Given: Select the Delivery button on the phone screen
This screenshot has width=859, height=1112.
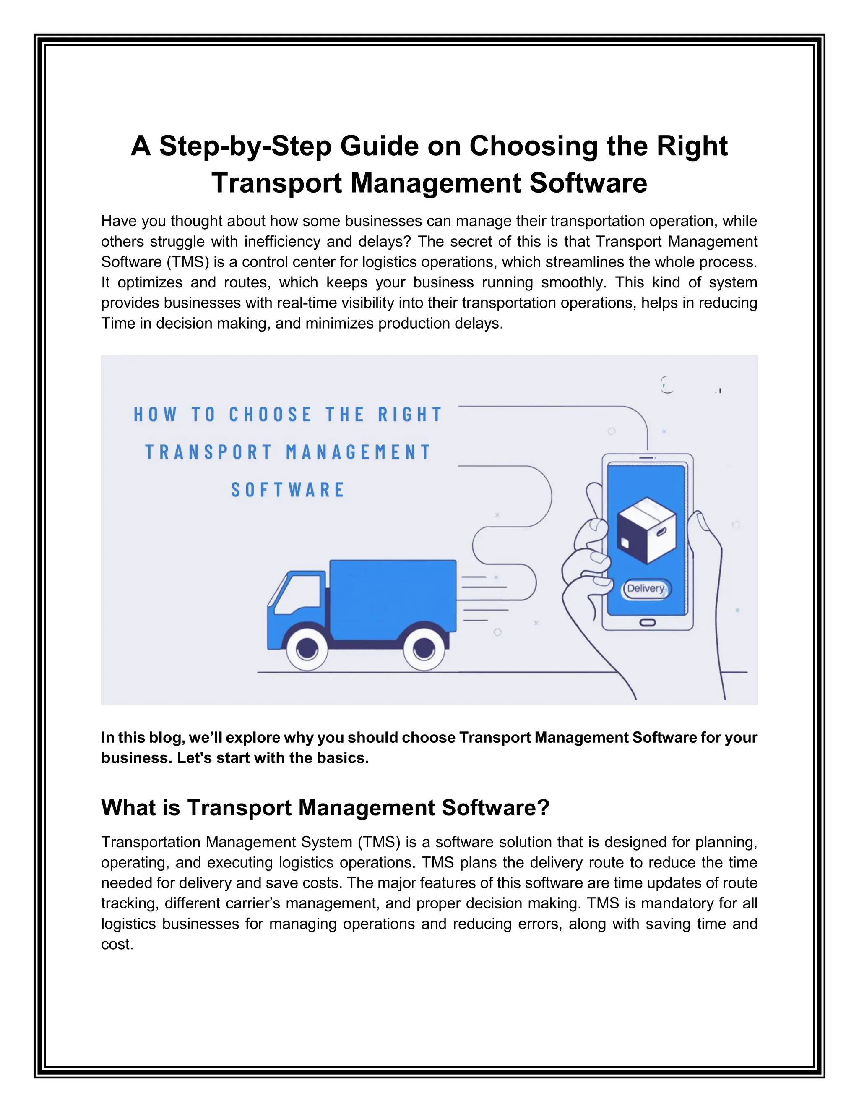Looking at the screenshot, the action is [x=646, y=589].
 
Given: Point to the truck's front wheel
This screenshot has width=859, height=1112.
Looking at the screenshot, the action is [x=307, y=649].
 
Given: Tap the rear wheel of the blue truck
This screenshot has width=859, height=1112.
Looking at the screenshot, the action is [x=423, y=649].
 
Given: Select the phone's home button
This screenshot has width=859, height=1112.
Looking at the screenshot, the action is [x=647, y=623].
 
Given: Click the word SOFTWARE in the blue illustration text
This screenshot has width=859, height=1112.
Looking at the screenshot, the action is [x=288, y=490].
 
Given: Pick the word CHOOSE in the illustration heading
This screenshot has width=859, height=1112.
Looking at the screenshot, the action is [x=270, y=415].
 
